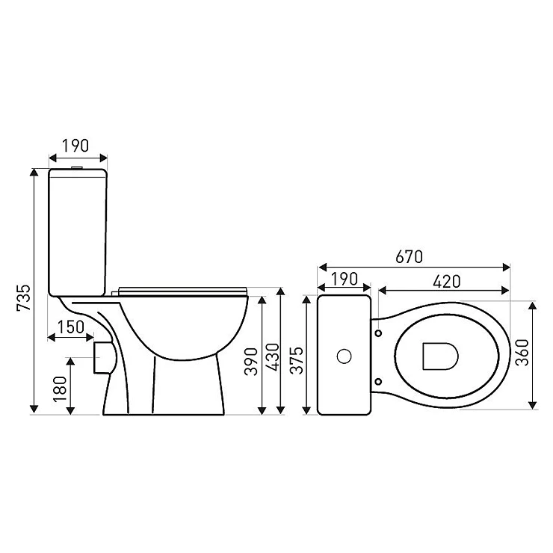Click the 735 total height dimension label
click(25, 297)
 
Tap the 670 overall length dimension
click(409, 257)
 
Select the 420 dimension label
click(446, 281)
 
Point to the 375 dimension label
click(296, 360)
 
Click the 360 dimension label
click(522, 352)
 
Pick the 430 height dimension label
click(273, 357)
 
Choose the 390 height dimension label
click(252, 362)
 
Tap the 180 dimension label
click(60, 389)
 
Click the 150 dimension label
click(70, 327)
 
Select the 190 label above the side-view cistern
click(75, 146)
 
